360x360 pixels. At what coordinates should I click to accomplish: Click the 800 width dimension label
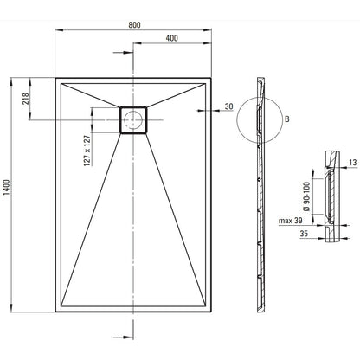pos(134,25)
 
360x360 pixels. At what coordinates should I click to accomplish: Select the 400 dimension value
pos(171,38)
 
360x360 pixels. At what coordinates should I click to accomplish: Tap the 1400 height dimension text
pos(6,188)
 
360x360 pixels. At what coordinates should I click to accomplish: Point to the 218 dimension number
pos(25,99)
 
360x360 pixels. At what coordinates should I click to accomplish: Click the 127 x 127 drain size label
pos(87,151)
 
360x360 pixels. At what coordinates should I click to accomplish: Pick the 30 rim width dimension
pos(228,106)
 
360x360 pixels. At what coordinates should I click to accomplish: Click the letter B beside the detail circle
pos(286,119)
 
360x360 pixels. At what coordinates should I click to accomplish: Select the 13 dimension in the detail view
pos(352,163)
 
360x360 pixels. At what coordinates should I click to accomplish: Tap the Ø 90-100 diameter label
pos(307,196)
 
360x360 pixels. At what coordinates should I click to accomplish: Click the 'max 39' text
pos(290,221)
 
